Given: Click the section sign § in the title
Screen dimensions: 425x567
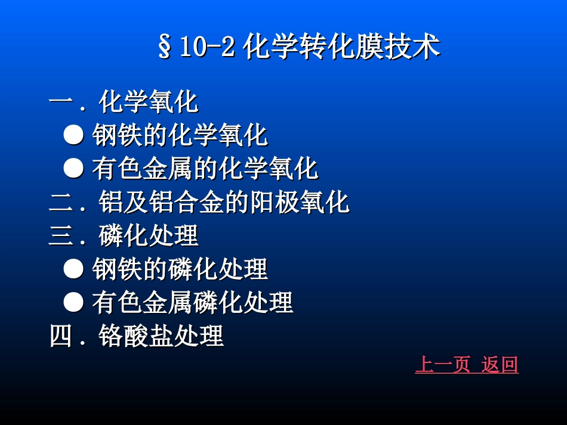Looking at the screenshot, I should pos(164,48).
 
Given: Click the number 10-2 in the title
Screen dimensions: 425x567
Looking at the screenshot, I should pos(206,48).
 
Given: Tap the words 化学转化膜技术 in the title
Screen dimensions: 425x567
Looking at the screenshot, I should pos(341,48).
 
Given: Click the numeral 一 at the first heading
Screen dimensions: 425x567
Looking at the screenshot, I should pos(60,103).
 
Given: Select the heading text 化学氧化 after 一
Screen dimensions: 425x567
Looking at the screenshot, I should pos(149,103).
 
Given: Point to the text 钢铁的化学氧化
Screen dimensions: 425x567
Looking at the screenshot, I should pos(180,136).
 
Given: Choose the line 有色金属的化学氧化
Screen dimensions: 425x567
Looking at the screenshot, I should pos(205,169).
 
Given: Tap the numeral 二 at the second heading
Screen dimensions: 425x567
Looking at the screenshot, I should pos(60,203).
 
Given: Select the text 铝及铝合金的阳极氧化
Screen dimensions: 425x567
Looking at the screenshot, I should pos(224,203).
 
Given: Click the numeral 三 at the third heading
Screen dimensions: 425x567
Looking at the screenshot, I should pos(60,237).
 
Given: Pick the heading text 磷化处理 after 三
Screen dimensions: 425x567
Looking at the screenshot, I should pos(149,237).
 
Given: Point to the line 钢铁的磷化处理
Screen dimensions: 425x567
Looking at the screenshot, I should pos(180,270).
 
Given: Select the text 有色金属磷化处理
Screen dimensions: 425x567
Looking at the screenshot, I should pos(192,303).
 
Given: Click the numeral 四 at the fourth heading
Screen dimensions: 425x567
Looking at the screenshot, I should pos(60,337).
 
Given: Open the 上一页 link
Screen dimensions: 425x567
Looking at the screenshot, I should pos(442,364).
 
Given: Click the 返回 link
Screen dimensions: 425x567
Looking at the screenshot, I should pos(500,364).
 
